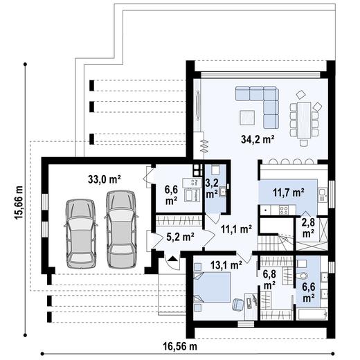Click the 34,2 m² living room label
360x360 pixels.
tap(258, 139)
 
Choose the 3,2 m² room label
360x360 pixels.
tap(212, 188)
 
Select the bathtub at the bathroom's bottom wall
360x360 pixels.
tap(309, 313)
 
